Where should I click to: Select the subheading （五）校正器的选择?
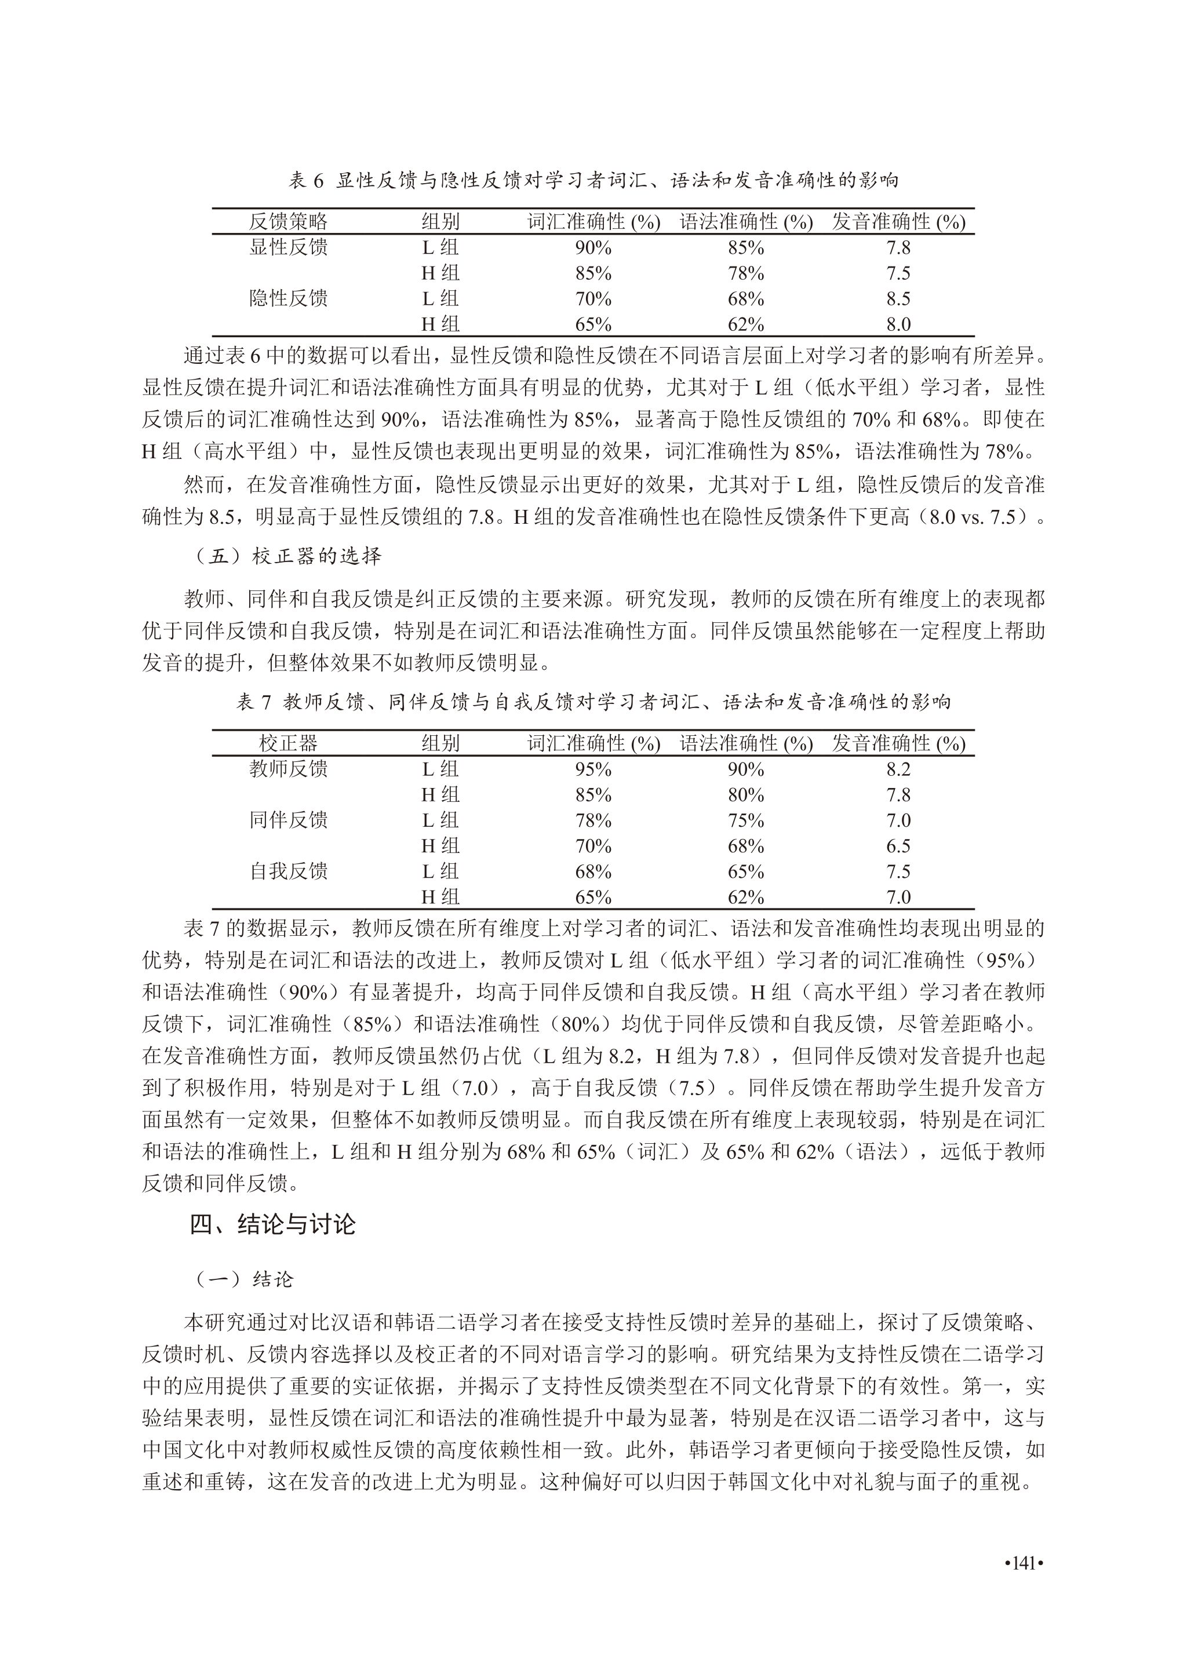coord(288,556)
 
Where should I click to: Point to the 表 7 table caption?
coord(593,702)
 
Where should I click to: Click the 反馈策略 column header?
coord(288,221)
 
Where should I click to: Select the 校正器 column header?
coord(288,743)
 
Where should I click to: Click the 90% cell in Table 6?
coord(593,248)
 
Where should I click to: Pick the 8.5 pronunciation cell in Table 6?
coord(898,299)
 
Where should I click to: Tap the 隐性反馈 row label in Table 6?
coord(288,298)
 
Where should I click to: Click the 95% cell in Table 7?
coord(593,769)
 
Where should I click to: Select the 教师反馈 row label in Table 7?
coord(288,769)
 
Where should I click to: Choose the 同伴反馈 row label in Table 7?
coord(288,820)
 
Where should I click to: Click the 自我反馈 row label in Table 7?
coord(288,871)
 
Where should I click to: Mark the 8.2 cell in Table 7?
coord(898,769)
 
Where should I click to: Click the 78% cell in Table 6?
coord(745,273)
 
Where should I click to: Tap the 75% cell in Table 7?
coord(745,820)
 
